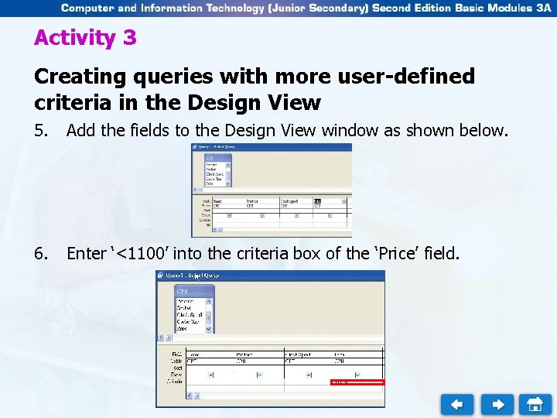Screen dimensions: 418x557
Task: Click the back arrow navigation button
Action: coord(457,404)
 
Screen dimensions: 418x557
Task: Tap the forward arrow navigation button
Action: coord(497,404)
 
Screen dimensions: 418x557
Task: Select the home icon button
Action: coord(535,404)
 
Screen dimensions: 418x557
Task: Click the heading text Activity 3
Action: coord(85,38)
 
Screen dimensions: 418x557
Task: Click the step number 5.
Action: coord(43,130)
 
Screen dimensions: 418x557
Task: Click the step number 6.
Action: coord(43,253)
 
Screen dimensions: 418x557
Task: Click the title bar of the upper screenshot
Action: coord(271,148)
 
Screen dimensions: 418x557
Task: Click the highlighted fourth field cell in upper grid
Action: coord(318,203)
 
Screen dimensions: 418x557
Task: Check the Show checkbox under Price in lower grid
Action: coord(357,375)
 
